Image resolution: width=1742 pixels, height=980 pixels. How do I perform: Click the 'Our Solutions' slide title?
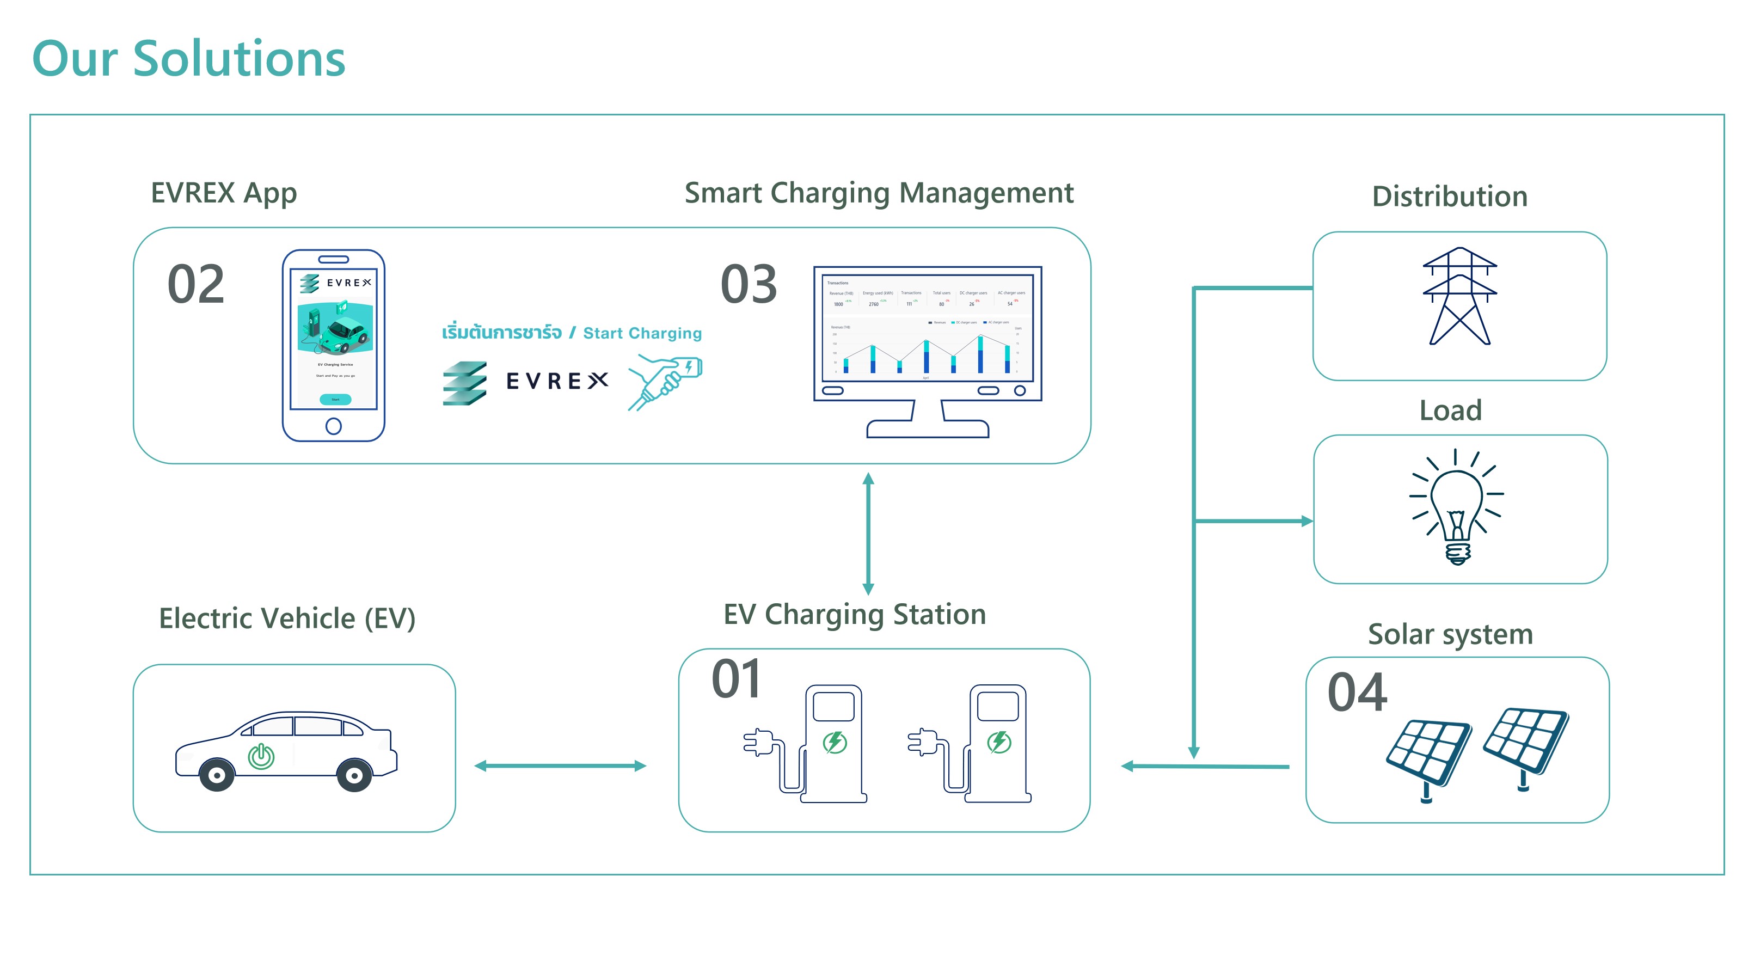(x=189, y=59)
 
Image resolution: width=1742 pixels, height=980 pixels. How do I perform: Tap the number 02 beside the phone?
(x=195, y=284)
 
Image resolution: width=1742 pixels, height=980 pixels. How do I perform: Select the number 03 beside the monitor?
(x=749, y=284)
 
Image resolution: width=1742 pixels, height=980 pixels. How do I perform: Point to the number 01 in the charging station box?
(x=737, y=678)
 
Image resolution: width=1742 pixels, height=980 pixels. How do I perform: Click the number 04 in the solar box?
(x=1357, y=692)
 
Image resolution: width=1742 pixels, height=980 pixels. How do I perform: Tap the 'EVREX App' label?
(x=223, y=193)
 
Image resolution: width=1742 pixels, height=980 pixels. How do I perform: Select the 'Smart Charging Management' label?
(x=879, y=193)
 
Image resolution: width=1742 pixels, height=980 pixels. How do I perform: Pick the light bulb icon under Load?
(x=1457, y=507)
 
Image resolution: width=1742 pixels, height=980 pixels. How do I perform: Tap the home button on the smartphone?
(x=333, y=426)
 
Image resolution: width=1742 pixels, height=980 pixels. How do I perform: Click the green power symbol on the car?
(x=261, y=756)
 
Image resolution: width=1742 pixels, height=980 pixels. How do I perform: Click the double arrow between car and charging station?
(x=560, y=765)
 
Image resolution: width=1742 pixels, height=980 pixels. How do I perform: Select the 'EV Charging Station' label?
(x=854, y=615)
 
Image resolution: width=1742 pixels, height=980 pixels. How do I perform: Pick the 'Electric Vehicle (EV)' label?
(x=287, y=618)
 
